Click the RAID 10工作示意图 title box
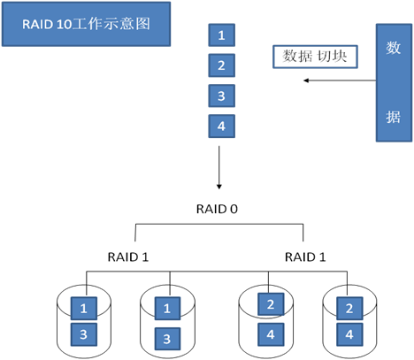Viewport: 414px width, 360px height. point(86,24)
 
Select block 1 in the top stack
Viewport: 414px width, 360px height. point(222,35)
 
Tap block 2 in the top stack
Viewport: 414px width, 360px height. point(222,65)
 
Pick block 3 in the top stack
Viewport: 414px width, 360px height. point(222,96)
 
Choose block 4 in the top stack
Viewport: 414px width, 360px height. point(222,126)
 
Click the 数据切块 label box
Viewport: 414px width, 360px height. point(315,57)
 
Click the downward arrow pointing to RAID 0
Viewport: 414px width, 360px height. point(219,167)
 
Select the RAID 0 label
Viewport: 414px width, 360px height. point(217,209)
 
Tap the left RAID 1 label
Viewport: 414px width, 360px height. point(128,257)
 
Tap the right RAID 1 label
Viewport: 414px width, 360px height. point(305,257)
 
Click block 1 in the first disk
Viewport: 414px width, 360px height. point(84,309)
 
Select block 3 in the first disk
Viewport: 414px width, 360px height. point(84,334)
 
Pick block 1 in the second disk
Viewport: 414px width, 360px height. point(167,309)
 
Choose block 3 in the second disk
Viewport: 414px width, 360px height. point(167,339)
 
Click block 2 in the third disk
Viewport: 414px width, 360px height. point(271,304)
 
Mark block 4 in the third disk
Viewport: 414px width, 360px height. point(271,334)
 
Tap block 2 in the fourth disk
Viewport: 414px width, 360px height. point(349,309)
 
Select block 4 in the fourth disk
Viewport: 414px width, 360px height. point(349,334)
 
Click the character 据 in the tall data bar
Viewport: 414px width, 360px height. point(394,117)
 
